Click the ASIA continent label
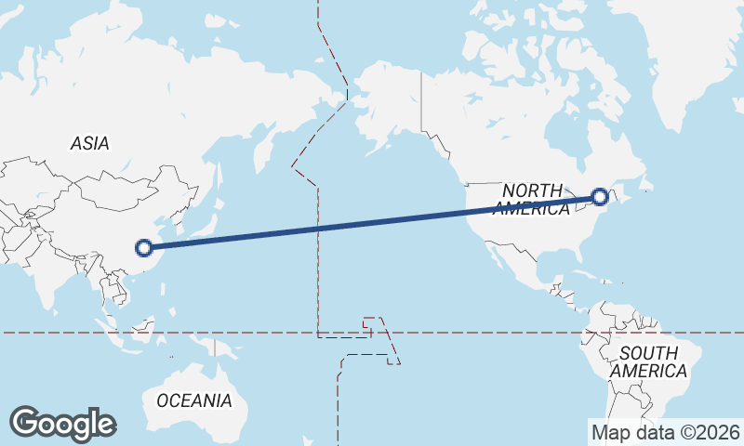click(90, 143)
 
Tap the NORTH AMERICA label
click(533, 199)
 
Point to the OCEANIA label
click(193, 400)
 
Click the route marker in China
click(143, 247)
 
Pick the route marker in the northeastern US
click(600, 197)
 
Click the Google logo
click(62, 424)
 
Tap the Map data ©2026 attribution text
click(666, 432)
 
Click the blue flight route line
click(372, 222)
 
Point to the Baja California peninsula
click(492, 252)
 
